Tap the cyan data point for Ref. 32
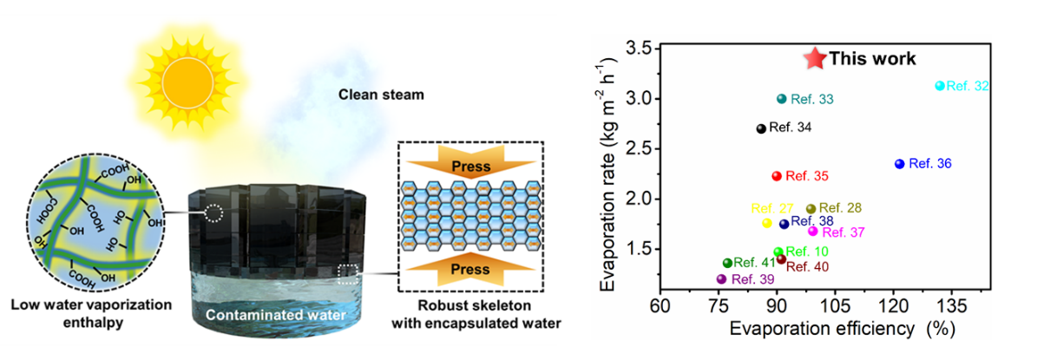[940, 86]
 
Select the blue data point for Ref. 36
[899, 164]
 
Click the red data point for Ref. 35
[777, 176]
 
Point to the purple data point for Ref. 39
[721, 279]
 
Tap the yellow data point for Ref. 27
[767, 223]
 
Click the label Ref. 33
[811, 100]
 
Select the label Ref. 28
[839, 208]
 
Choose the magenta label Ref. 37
[843, 232]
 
